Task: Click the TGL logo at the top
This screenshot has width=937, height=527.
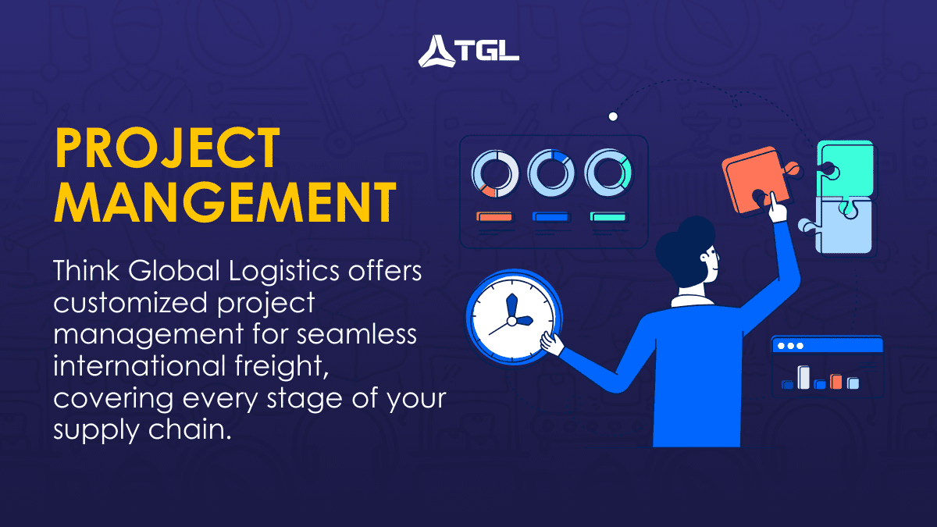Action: (x=468, y=52)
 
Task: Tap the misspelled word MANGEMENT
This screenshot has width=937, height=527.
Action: (x=225, y=201)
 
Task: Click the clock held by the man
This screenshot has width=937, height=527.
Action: (x=511, y=319)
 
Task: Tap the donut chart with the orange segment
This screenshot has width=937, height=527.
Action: (x=495, y=173)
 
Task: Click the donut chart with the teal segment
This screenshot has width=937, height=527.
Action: (x=607, y=173)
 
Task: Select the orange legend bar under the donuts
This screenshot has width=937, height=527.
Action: (x=494, y=216)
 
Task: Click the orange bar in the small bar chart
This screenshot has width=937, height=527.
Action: (x=836, y=381)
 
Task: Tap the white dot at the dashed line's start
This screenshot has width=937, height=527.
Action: (x=613, y=116)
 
